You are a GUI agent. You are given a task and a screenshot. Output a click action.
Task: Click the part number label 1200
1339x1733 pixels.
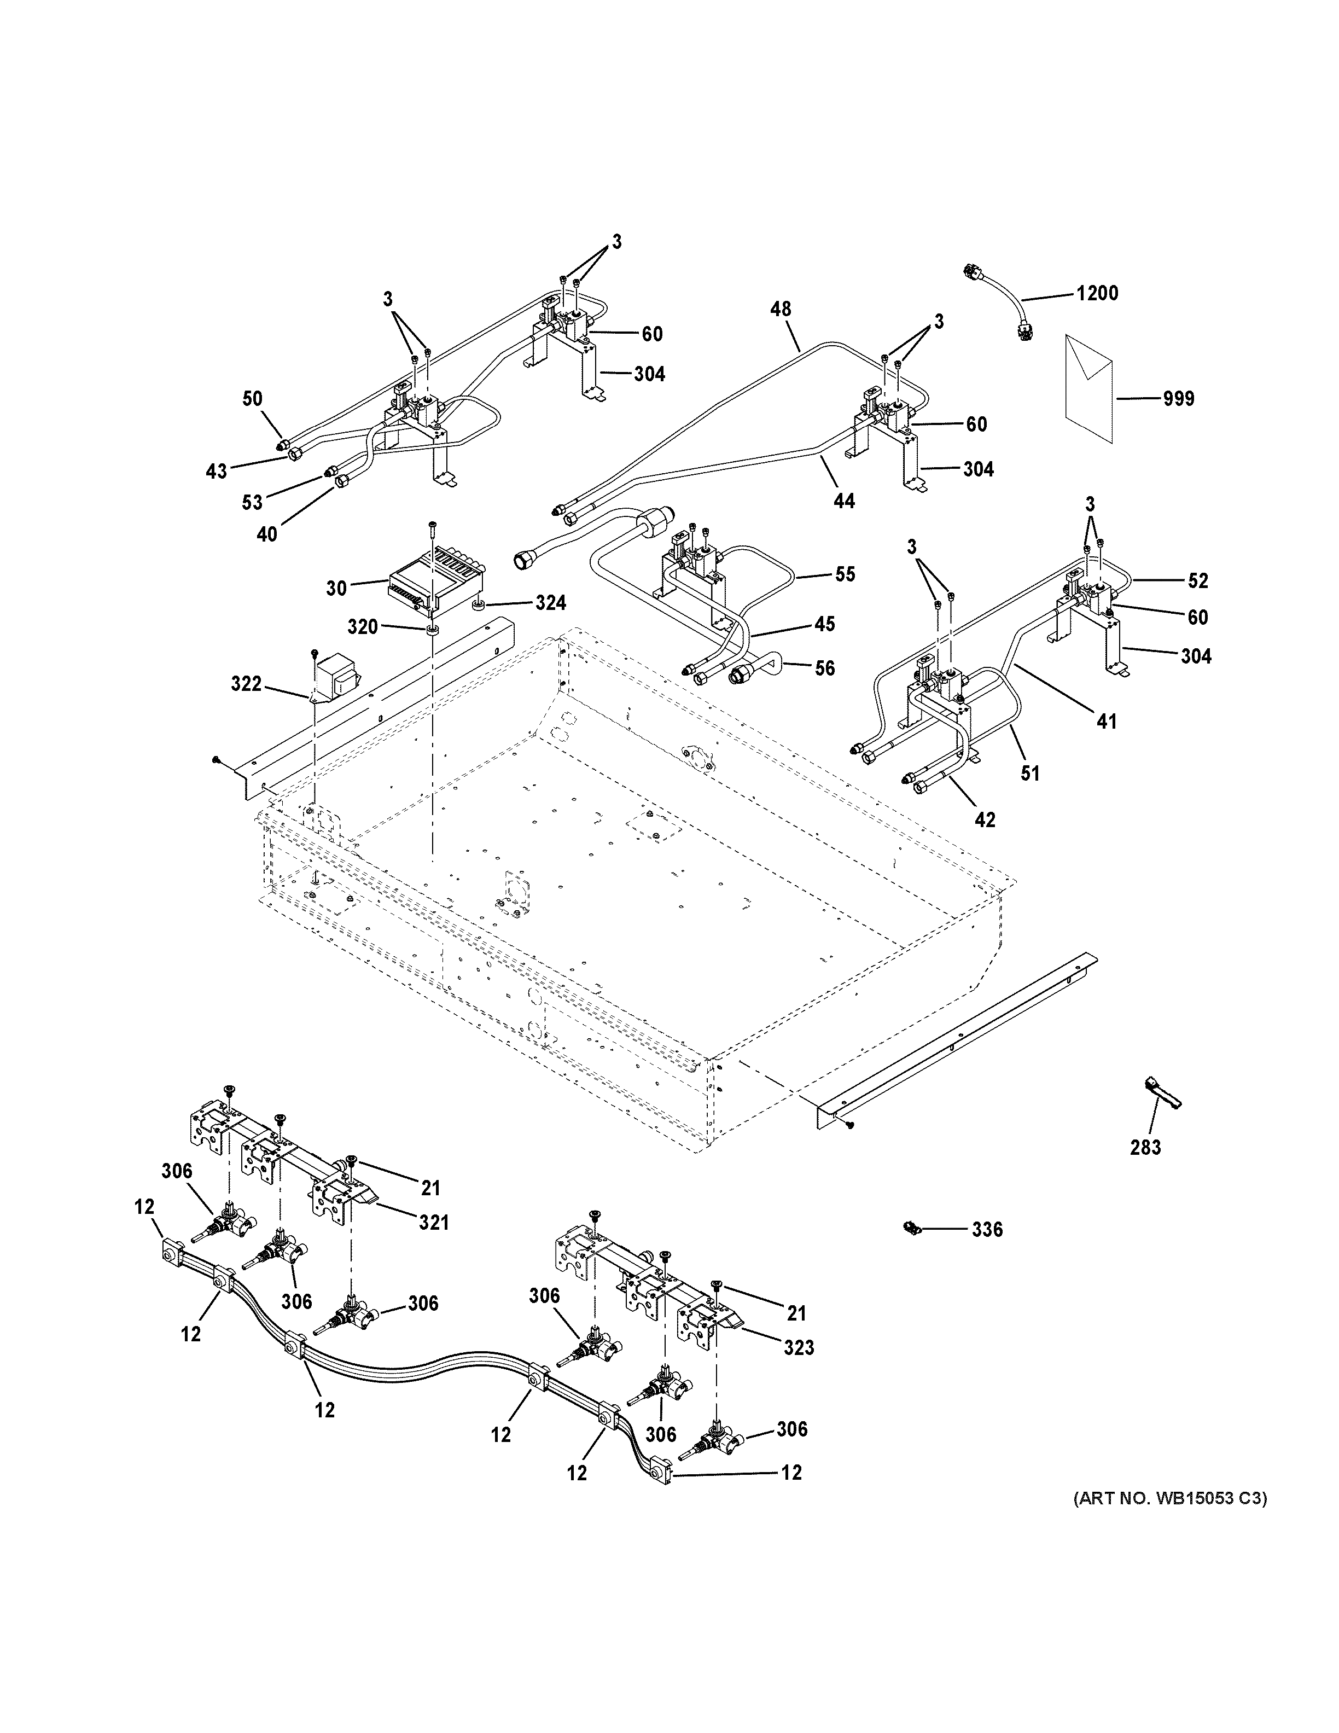[1097, 294]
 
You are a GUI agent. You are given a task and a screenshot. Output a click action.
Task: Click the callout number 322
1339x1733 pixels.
[246, 684]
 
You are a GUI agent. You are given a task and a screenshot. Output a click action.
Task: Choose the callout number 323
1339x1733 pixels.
[799, 1348]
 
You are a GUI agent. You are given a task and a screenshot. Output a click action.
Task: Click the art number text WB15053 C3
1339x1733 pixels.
[1170, 1499]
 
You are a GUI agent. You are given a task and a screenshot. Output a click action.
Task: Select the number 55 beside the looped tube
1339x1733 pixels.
[846, 574]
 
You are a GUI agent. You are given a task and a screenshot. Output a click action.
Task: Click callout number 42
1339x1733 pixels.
[985, 819]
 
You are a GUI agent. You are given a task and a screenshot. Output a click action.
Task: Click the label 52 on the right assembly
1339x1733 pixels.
[1198, 581]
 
